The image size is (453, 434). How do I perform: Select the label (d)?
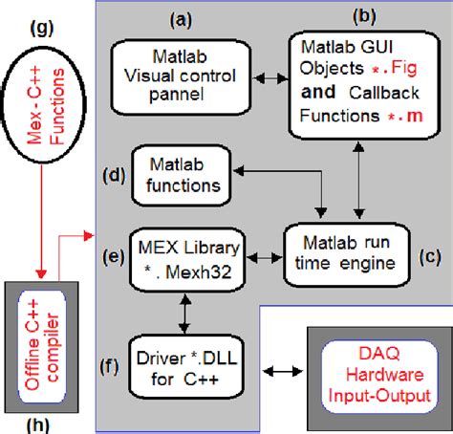pyautogui.click(x=112, y=174)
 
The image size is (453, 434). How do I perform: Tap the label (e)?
pyautogui.click(x=112, y=257)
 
